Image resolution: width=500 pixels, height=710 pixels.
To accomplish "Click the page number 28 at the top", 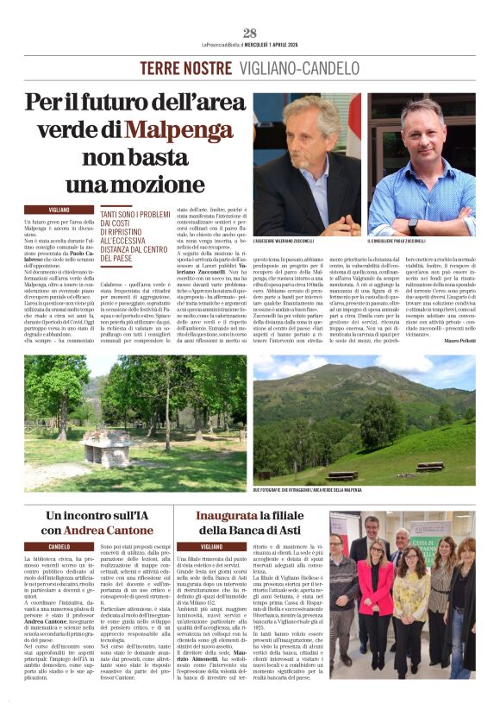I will coord(250,33).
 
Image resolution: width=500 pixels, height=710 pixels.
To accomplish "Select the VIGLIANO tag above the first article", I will coord(59,210).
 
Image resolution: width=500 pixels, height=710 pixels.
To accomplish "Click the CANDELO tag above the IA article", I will coord(59,546).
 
